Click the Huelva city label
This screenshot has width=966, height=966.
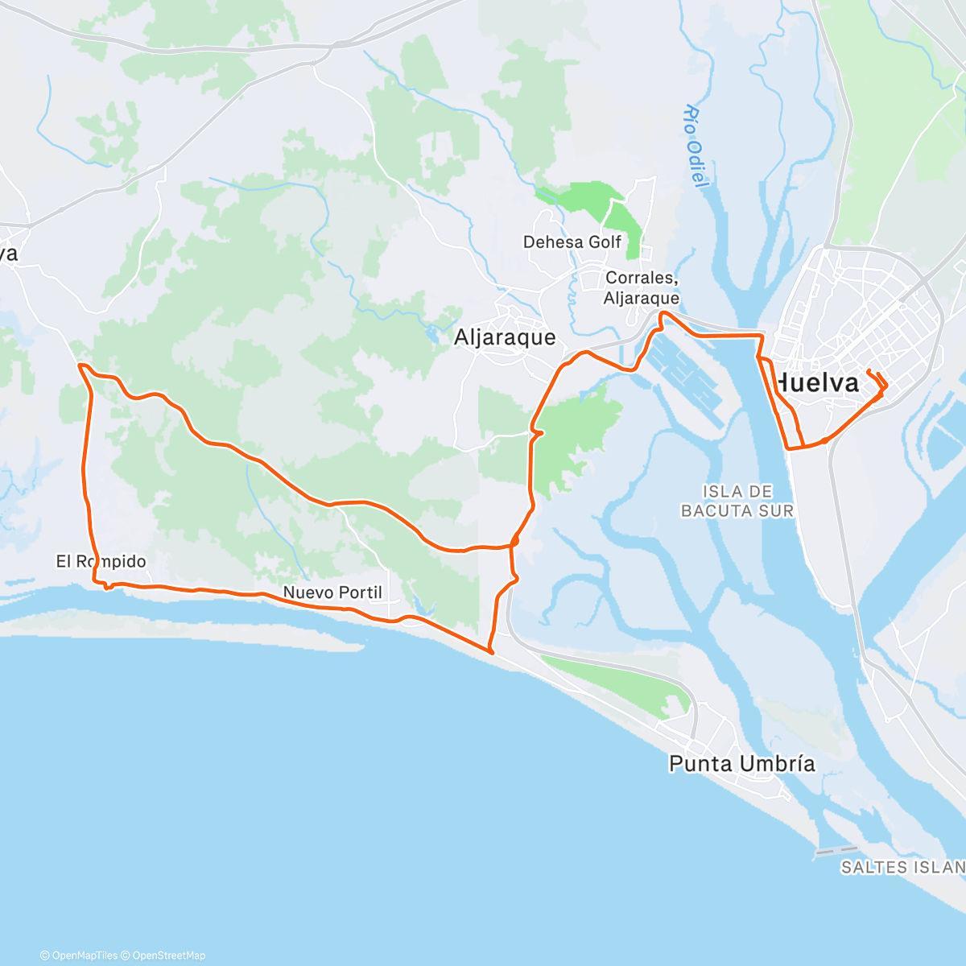click(816, 383)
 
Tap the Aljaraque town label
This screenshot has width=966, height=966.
click(505, 337)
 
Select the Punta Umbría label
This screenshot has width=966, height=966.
click(741, 763)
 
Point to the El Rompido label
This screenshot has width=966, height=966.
click(101, 561)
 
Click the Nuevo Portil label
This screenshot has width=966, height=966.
click(332, 592)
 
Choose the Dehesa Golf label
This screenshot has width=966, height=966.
click(572, 242)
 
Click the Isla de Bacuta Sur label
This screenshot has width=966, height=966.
click(737, 501)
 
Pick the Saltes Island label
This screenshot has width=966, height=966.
click(902, 867)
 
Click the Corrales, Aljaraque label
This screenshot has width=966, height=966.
click(642, 287)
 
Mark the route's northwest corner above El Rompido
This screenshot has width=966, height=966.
click(80, 365)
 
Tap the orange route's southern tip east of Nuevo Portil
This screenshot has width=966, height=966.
click(491, 651)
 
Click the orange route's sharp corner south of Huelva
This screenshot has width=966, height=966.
click(788, 448)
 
